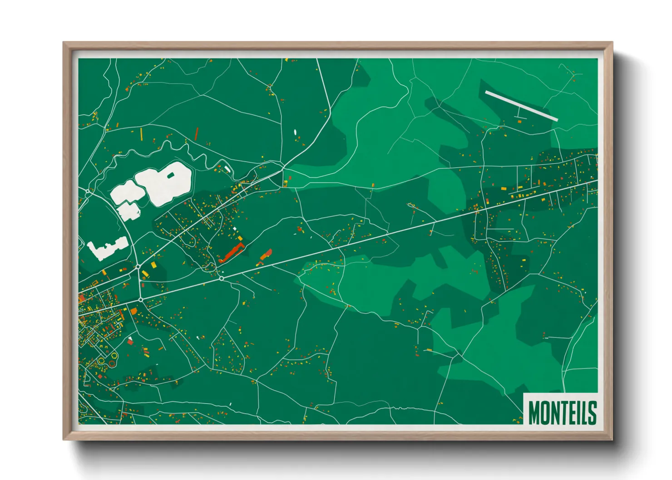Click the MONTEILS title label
[562, 412]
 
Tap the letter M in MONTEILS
[534, 412]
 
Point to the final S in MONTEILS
[592, 412]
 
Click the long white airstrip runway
[521, 106]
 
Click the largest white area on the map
[163, 182]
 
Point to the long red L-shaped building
[232, 253]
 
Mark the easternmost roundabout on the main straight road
[221, 278]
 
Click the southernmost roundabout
[141, 300]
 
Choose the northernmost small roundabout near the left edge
[88, 192]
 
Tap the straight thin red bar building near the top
[197, 134]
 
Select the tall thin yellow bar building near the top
[141, 133]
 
